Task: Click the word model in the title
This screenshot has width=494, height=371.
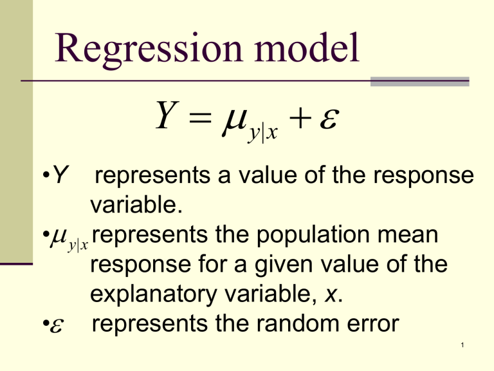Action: click(x=307, y=47)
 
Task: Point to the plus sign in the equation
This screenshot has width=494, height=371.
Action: click(x=300, y=118)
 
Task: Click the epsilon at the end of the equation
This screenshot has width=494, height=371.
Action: click(x=329, y=119)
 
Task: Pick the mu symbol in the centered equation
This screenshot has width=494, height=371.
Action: click(x=234, y=120)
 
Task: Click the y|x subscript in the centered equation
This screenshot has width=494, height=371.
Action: click(x=262, y=133)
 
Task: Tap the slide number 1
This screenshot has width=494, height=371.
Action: click(x=462, y=345)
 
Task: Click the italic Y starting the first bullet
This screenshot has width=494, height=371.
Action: click(x=60, y=174)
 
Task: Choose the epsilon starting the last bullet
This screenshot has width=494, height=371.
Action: click(x=57, y=325)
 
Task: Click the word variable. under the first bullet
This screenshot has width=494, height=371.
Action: click(x=136, y=204)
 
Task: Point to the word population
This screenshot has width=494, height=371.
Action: click(x=313, y=236)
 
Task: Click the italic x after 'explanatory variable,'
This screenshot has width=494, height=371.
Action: click(x=331, y=295)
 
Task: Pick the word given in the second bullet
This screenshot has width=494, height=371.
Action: click(x=284, y=265)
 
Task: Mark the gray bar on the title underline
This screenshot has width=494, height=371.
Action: click(x=419, y=81)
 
